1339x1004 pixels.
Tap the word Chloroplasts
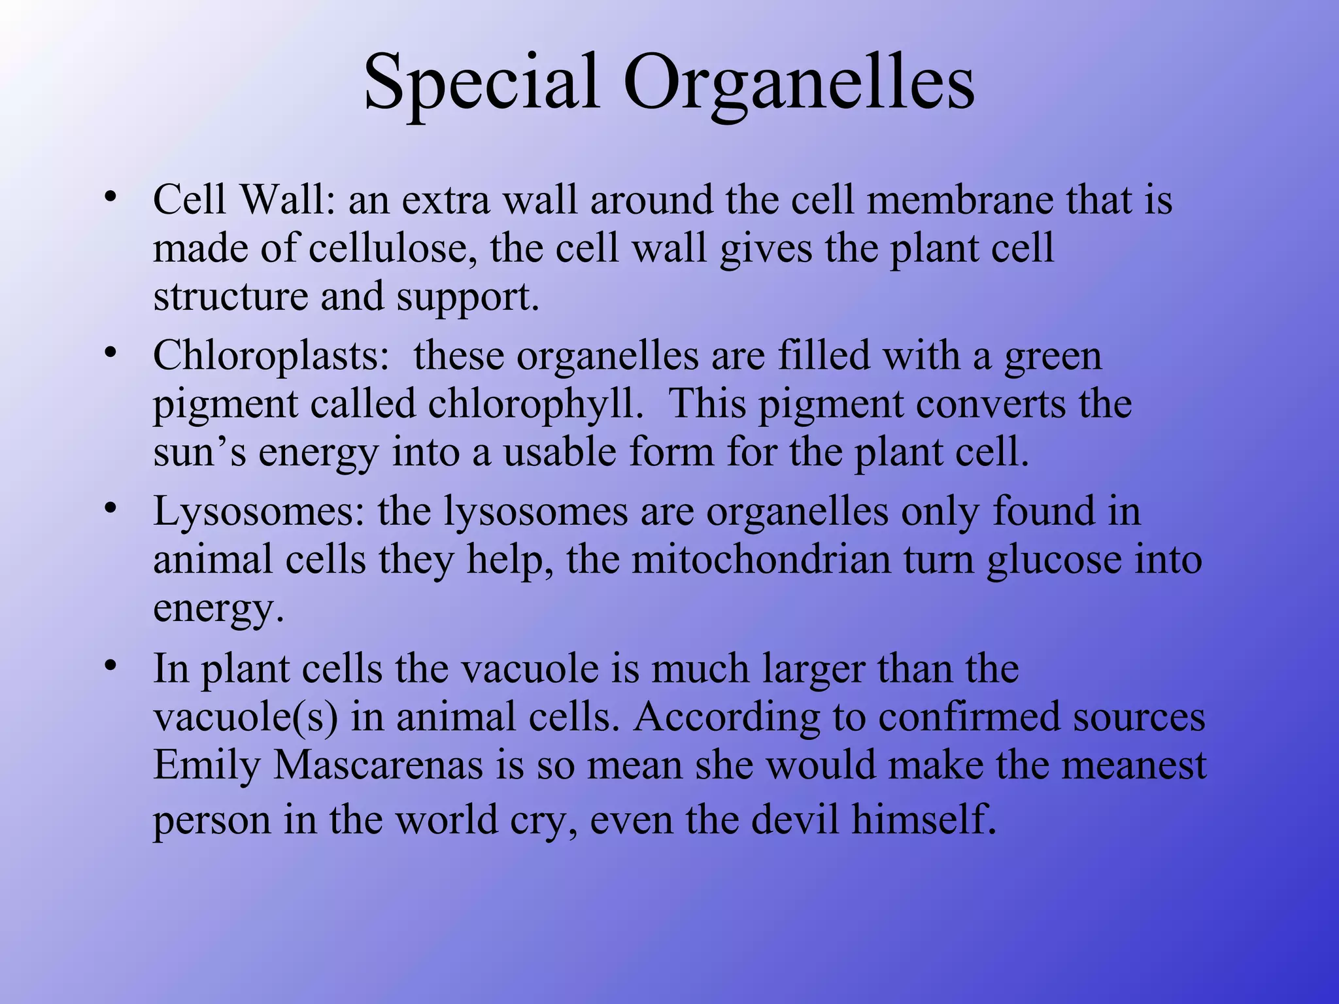[x=270, y=356]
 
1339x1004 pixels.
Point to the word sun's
[x=199, y=452]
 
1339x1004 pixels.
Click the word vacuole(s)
[x=245, y=717]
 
